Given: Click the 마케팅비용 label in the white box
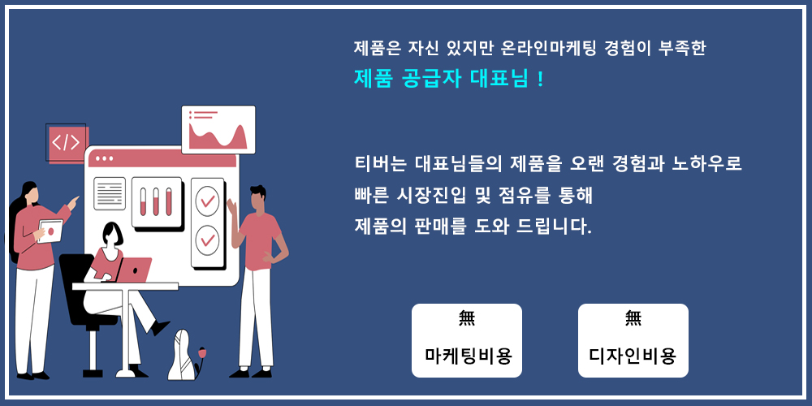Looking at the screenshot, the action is (469, 356).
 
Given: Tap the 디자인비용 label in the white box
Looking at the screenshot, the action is (633, 356).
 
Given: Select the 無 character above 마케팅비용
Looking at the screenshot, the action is (467, 318).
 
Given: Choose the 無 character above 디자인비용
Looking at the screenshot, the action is (633, 318).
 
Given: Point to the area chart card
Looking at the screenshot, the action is (218, 129).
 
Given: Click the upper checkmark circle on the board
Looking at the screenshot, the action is (207, 201).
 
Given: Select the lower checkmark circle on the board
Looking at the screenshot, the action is (207, 240).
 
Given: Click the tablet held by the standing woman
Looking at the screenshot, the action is (50, 231).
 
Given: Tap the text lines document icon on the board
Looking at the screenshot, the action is (110, 193).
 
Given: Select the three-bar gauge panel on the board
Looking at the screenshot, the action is (157, 202).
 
